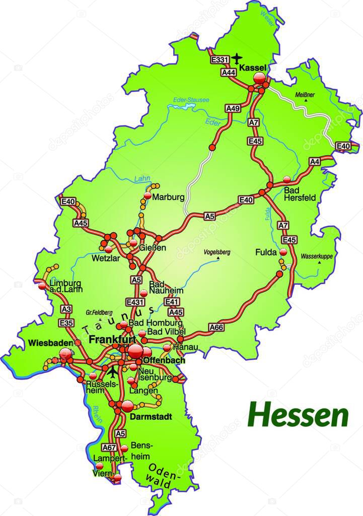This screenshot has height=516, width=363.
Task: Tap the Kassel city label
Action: coord(253,67)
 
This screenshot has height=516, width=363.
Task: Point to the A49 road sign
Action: coord(233,108)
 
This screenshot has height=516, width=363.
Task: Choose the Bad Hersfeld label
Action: coord(300,194)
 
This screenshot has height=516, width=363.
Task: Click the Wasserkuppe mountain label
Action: coord(317,256)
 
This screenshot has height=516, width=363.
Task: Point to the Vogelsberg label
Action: coord(216,252)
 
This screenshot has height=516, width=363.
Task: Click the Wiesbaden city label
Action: coord(48,343)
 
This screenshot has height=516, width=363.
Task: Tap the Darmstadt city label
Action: coord(151,417)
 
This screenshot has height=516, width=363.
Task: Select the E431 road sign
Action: coord(136,302)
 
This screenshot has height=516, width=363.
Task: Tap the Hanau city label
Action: coord(185,348)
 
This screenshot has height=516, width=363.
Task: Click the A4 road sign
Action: coord(315,162)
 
